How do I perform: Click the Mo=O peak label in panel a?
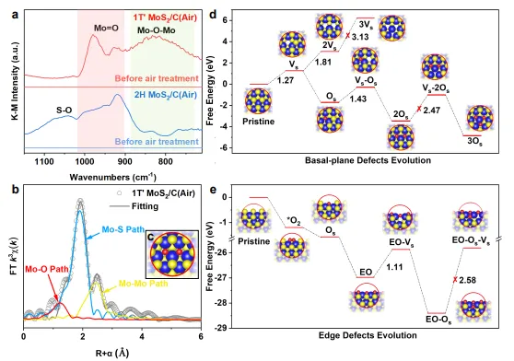(x=106, y=29)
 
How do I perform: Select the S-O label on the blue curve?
(x=64, y=111)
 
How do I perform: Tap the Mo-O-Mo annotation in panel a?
(x=156, y=30)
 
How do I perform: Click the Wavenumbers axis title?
(x=112, y=177)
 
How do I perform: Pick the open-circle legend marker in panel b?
(x=120, y=193)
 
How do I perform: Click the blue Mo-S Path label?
(x=123, y=229)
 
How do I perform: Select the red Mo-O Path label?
(x=47, y=269)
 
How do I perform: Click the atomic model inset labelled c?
(x=172, y=255)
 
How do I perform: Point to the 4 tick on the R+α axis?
(x=142, y=336)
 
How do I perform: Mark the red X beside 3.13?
(x=348, y=36)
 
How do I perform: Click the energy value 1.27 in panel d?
(x=286, y=80)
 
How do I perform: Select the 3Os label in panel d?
(x=474, y=142)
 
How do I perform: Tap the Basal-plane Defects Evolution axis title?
(x=368, y=160)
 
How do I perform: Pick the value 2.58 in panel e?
(x=467, y=280)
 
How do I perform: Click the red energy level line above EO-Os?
(x=437, y=313)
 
